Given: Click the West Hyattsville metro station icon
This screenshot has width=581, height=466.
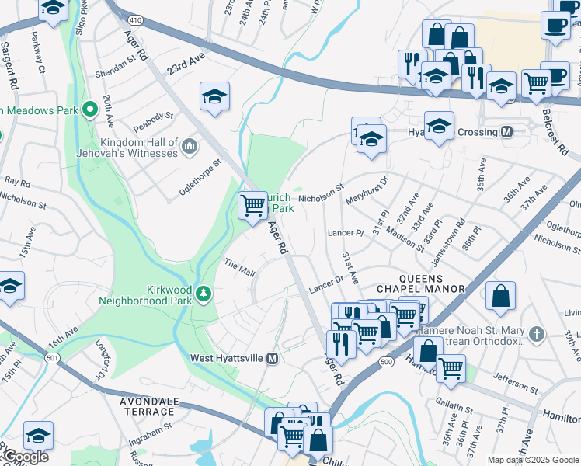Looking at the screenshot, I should [x=273, y=358].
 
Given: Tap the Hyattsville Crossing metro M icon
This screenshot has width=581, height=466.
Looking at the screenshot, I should [x=507, y=132].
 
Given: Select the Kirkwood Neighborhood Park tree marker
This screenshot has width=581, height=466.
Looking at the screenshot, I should [x=203, y=294].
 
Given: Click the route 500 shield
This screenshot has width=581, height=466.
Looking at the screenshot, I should [x=386, y=362].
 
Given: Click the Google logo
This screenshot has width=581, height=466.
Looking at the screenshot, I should [x=25, y=457].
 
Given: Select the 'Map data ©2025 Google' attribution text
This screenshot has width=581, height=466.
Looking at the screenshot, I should [x=533, y=460].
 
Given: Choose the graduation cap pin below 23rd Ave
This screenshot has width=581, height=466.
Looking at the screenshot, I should [x=214, y=96].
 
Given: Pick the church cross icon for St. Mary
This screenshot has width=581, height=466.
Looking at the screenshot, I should [x=534, y=335].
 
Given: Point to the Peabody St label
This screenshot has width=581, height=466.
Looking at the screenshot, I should [x=153, y=116].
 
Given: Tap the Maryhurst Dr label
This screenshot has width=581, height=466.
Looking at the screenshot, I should [x=367, y=189].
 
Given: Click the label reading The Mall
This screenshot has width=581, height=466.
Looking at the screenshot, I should [x=240, y=269].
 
